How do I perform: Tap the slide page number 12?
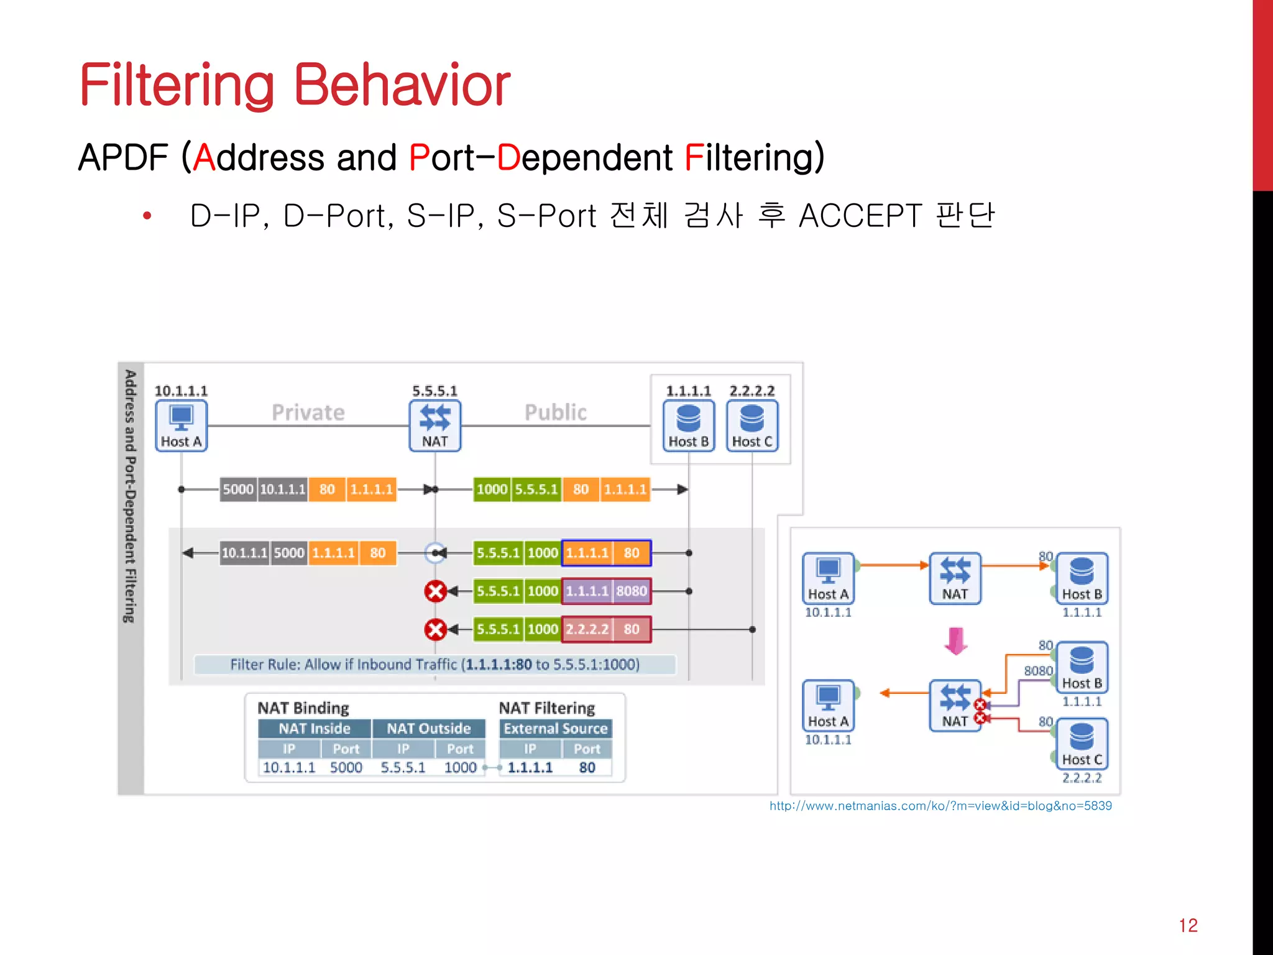(x=1188, y=925)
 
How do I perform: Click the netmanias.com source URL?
(x=940, y=806)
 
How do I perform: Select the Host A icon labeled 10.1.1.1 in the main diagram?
(x=181, y=425)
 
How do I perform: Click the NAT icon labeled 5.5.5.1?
(x=434, y=425)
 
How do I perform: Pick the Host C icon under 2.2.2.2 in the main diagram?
(x=752, y=425)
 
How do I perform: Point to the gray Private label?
(x=308, y=412)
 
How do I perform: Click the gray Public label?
(x=556, y=412)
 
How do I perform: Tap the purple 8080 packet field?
(x=632, y=591)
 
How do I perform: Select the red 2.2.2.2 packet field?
(x=587, y=629)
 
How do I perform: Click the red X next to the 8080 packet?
(x=435, y=591)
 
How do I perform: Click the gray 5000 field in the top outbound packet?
(x=238, y=489)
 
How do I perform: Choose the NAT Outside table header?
(x=428, y=729)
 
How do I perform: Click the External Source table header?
(x=555, y=729)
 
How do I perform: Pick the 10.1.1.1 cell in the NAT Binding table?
(x=288, y=767)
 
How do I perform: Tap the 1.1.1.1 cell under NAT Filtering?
(x=530, y=767)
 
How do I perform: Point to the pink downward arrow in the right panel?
(x=955, y=641)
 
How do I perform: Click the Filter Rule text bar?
(x=434, y=664)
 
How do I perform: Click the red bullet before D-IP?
(x=147, y=216)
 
